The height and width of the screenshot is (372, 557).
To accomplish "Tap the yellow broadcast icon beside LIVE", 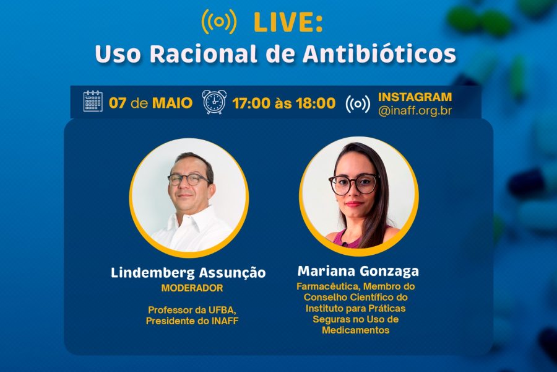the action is point(219,22).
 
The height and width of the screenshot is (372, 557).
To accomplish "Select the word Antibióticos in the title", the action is point(379,54).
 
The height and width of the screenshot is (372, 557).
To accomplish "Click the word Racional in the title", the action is point(203,54).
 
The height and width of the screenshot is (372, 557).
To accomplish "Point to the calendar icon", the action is point(93,102).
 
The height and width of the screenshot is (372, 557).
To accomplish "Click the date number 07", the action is point(118,103).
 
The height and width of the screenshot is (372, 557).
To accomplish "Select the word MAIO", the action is point(172,103).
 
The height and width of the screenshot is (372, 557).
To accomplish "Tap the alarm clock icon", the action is point(215,102).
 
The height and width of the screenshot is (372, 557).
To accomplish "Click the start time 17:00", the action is point(251,104).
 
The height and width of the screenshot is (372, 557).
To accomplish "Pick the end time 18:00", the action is point(316,104).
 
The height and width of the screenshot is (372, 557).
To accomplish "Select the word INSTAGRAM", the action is point(415,97).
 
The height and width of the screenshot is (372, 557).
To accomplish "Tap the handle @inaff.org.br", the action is point(415,111).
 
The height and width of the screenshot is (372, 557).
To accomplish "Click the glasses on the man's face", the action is point(189,179).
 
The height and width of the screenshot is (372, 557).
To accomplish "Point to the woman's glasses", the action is point(353,185).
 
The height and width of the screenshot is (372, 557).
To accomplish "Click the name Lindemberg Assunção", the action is point(188,273).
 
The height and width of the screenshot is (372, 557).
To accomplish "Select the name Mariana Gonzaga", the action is point(358,272).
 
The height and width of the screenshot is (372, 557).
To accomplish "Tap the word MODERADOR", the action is point(192,288).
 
